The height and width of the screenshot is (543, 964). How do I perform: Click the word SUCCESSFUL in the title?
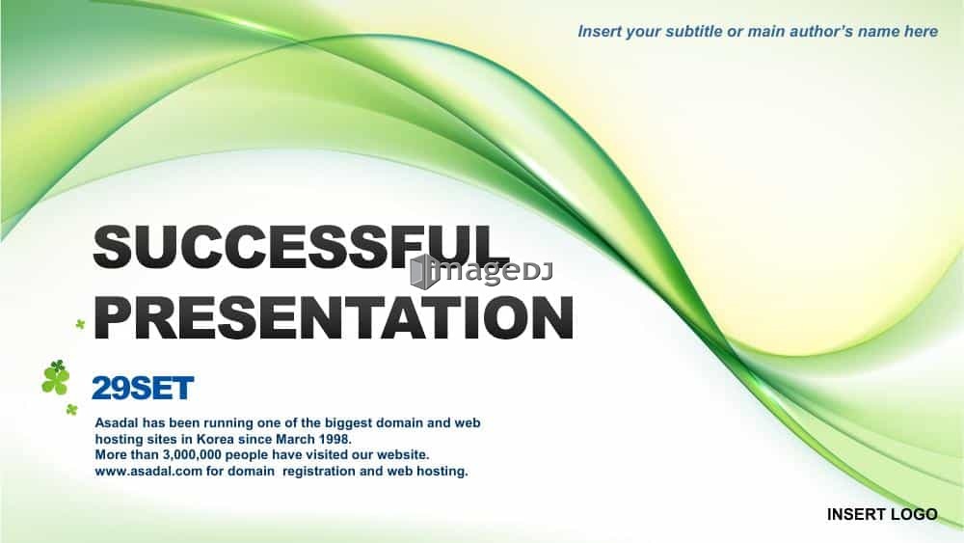(301, 246)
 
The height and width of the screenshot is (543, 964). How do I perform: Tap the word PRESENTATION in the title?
(334, 317)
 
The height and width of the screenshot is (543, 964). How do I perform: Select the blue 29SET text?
(143, 388)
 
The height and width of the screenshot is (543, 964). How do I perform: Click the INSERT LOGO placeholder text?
(882, 514)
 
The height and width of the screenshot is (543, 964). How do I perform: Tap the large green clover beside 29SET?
(55, 377)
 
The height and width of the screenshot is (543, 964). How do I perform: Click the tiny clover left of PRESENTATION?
(80, 323)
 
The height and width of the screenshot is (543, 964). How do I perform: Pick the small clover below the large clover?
(72, 409)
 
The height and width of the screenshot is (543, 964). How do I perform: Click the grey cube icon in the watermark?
(424, 271)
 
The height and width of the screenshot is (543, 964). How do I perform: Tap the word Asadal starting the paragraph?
(117, 423)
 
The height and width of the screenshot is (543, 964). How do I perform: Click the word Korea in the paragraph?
(215, 439)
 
